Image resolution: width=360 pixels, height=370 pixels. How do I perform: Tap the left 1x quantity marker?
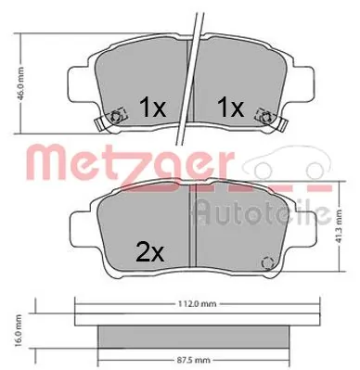click(152, 108)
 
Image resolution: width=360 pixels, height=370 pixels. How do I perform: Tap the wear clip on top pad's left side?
click(115, 118)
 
